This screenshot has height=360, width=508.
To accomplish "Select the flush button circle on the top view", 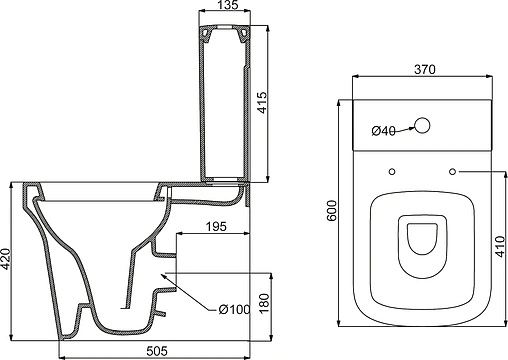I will click(423, 127).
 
